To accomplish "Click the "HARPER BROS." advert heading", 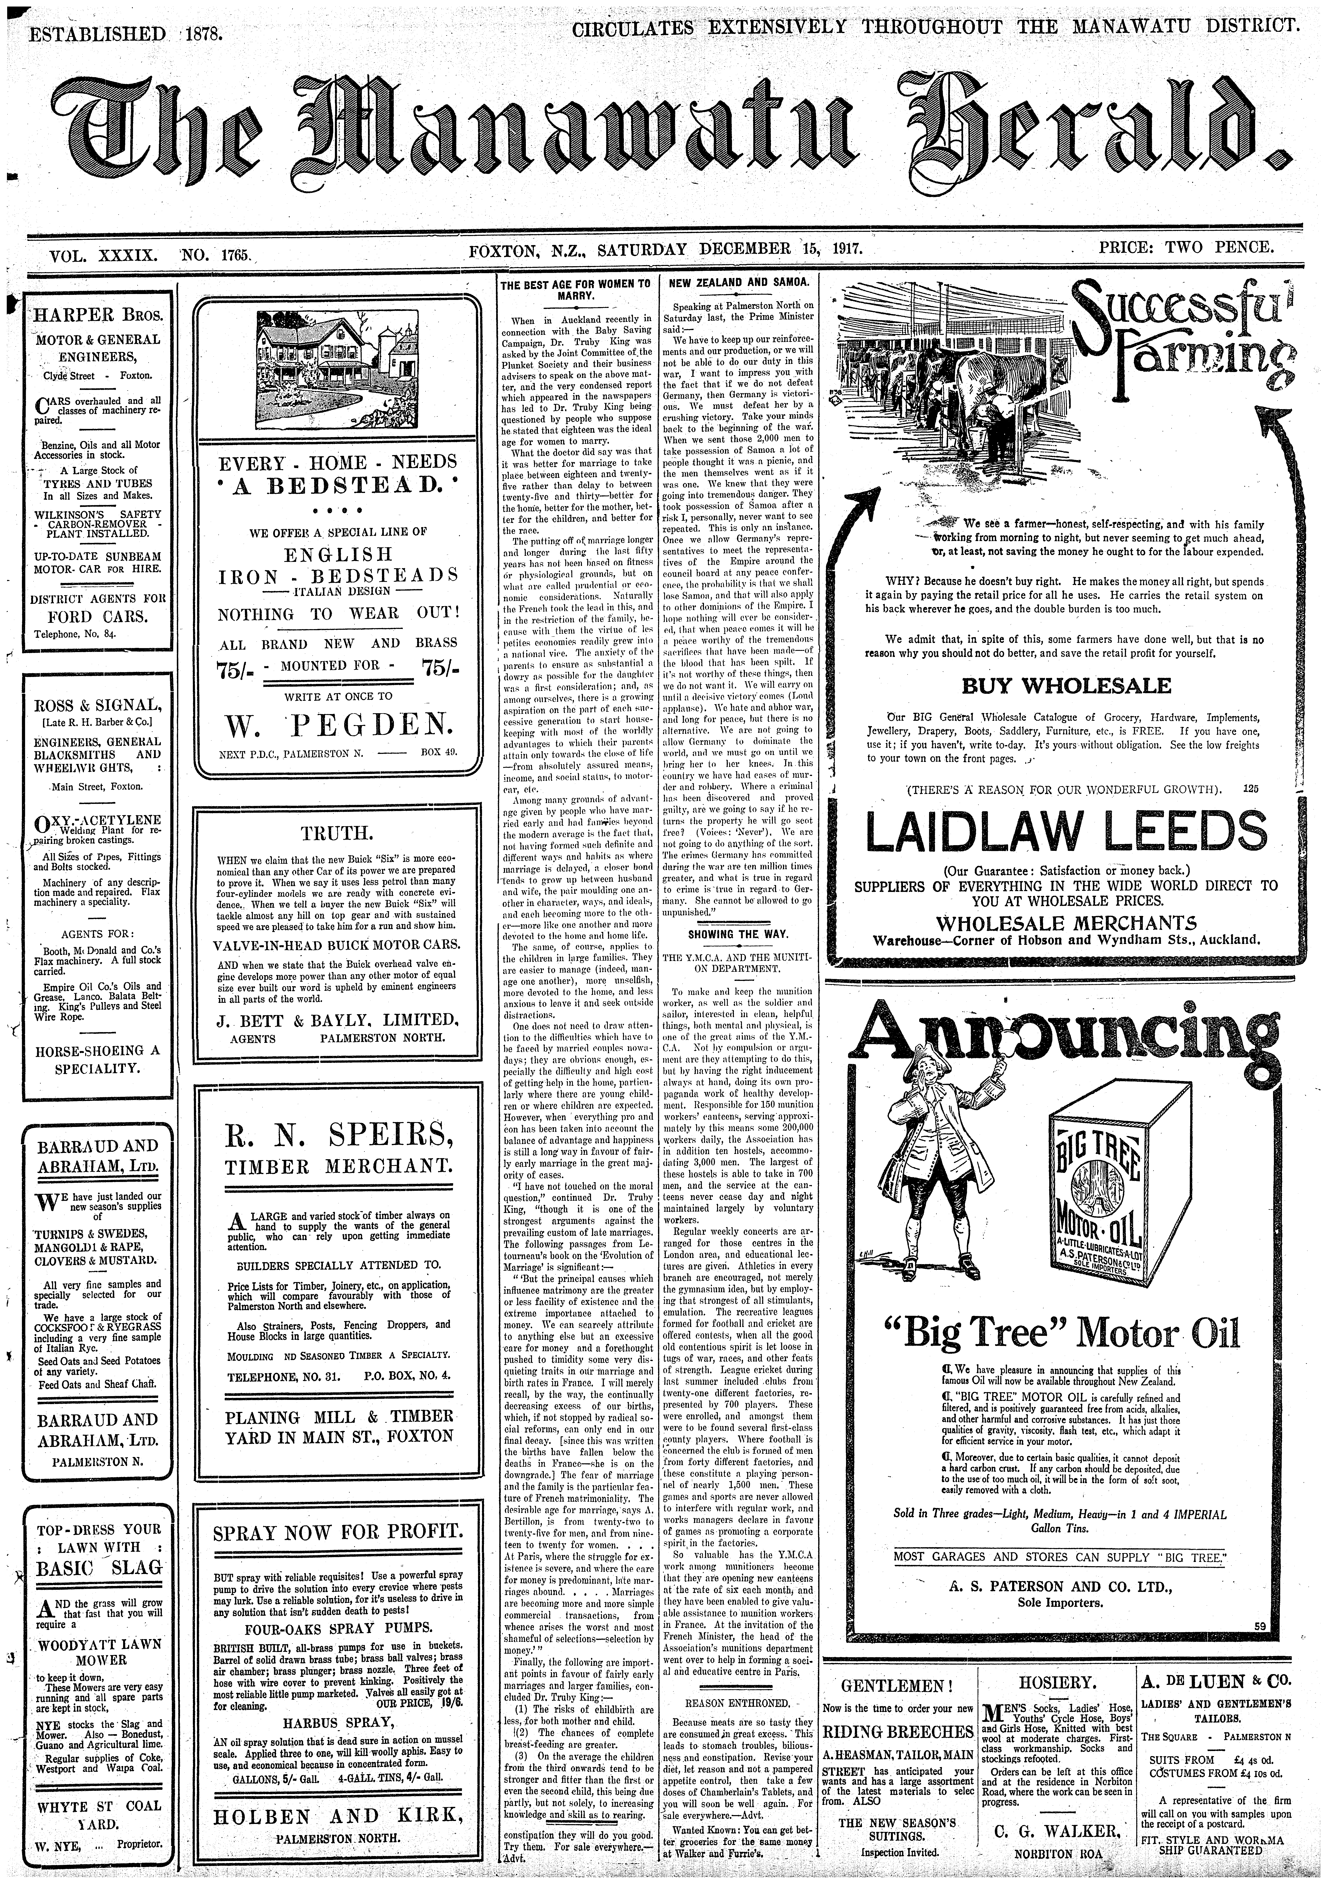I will [x=98, y=315].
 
